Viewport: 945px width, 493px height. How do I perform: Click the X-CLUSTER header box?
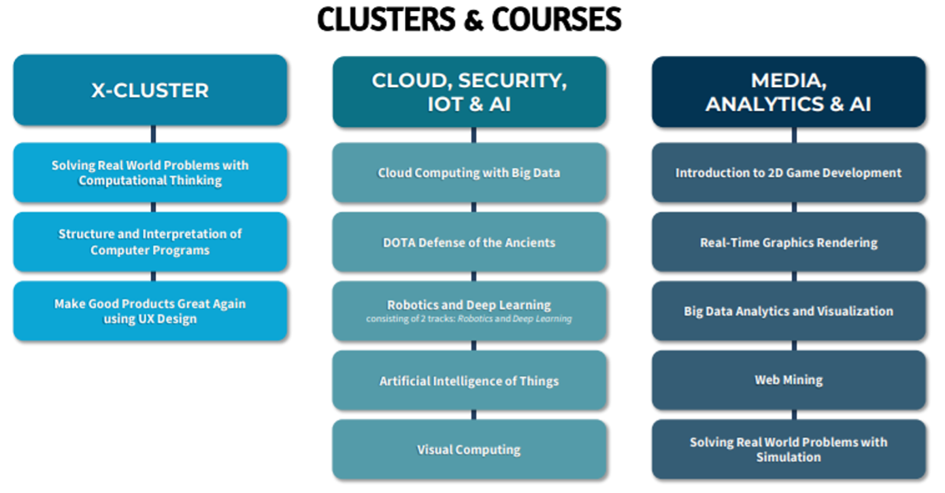(x=150, y=90)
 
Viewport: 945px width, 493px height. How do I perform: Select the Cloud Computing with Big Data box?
(x=469, y=173)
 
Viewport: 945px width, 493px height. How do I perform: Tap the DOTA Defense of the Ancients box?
(x=469, y=242)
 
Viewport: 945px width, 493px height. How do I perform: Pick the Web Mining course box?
(x=789, y=380)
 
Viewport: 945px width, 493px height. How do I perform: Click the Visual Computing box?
(x=469, y=449)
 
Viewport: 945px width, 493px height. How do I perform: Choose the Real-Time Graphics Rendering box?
(x=789, y=242)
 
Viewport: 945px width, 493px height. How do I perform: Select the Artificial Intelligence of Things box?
(x=469, y=380)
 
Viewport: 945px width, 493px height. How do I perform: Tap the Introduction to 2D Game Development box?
(x=789, y=173)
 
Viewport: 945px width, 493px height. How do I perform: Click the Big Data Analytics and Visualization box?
(x=789, y=311)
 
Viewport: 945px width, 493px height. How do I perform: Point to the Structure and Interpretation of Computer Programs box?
(x=150, y=242)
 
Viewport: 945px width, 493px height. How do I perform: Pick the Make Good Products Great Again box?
(x=150, y=311)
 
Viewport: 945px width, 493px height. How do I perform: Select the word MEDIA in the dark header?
(x=789, y=81)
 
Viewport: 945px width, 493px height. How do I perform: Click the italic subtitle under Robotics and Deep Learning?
(x=469, y=319)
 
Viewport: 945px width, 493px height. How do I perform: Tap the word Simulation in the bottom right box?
(x=789, y=458)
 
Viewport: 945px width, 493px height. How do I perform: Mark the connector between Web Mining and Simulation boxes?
(x=793, y=415)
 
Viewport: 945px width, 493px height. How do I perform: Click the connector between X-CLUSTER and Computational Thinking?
(x=154, y=134)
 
